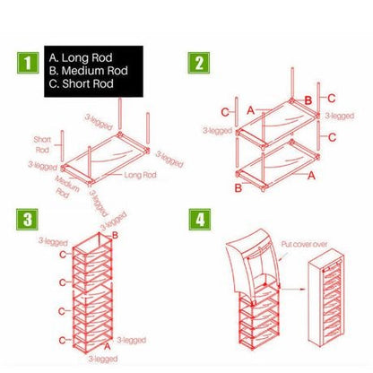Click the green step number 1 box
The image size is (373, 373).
click(x=29, y=65)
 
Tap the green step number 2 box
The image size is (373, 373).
click(x=198, y=65)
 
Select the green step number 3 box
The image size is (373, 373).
click(x=29, y=221)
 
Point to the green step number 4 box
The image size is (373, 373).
click(x=198, y=221)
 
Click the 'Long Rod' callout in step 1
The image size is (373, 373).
click(x=140, y=175)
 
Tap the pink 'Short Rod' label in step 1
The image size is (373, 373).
click(x=42, y=143)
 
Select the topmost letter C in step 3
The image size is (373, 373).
click(x=62, y=255)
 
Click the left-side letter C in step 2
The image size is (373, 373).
click(x=225, y=111)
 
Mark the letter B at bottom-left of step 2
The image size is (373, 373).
click(x=237, y=187)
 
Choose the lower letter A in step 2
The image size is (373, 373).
click(x=312, y=177)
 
